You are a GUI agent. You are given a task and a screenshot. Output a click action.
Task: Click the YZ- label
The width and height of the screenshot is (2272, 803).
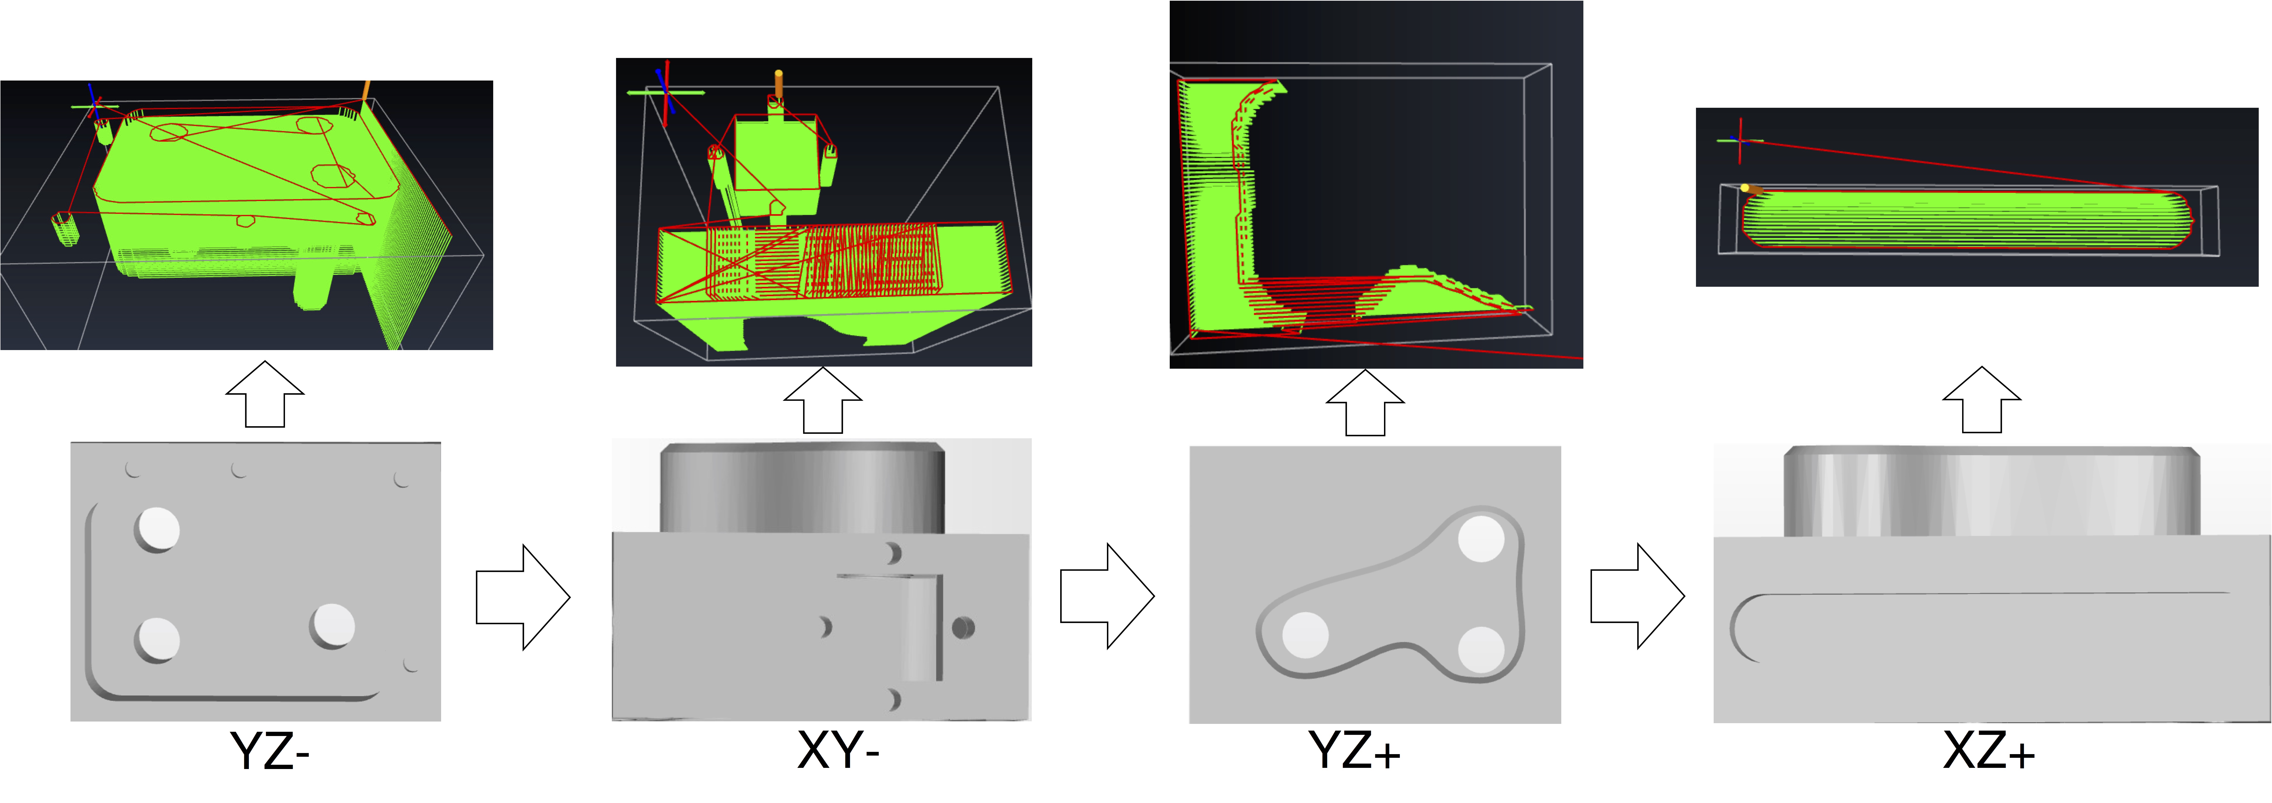270,751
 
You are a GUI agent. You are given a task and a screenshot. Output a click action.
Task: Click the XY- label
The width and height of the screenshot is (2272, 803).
838,751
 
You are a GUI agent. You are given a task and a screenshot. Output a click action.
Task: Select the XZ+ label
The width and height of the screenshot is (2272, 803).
1989,751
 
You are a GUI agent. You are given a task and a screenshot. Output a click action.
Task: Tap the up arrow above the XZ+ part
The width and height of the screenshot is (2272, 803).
1982,400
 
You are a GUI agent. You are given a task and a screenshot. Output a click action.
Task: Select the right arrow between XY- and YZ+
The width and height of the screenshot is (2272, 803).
1107,597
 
